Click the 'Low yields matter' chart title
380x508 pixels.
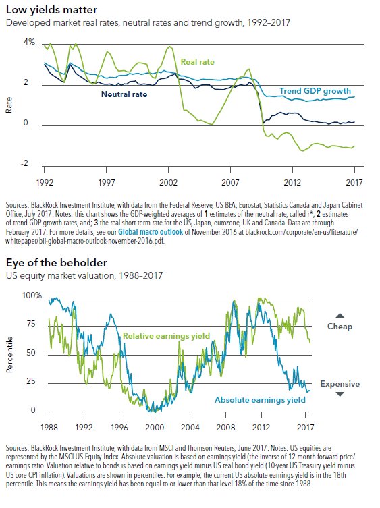pyautogui.click(x=51, y=9)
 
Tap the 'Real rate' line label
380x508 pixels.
pyautogui.click(x=198, y=62)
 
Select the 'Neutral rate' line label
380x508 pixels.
pyautogui.click(x=124, y=94)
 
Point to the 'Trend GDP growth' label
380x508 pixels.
pyautogui.click(x=315, y=91)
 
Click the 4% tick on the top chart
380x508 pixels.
pyautogui.click(x=29, y=42)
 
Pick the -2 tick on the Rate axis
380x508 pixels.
pyautogui.click(x=25, y=163)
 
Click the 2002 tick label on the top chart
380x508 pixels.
pyautogui.click(x=168, y=182)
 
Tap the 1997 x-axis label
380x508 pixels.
pyautogui.click(x=107, y=182)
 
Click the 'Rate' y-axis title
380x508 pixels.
pyautogui.click(x=9, y=105)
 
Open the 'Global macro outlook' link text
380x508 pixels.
pyautogui.click(x=151, y=232)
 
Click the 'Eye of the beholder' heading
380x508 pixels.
pyautogui.click(x=57, y=262)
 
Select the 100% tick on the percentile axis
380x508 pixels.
pyautogui.click(x=32, y=295)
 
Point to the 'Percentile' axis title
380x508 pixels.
pyautogui.click(x=9, y=354)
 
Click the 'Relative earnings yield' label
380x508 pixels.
pyautogui.click(x=166, y=336)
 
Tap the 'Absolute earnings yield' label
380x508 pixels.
pyautogui.click(x=260, y=400)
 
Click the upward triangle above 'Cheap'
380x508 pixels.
pyautogui.click(x=340, y=316)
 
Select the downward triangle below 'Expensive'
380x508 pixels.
pyautogui.click(x=340, y=394)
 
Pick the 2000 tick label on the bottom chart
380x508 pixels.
pyautogui.click(x=155, y=427)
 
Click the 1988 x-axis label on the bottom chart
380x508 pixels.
pyautogui.click(x=49, y=427)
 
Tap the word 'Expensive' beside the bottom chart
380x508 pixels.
pyautogui.click(x=340, y=384)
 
